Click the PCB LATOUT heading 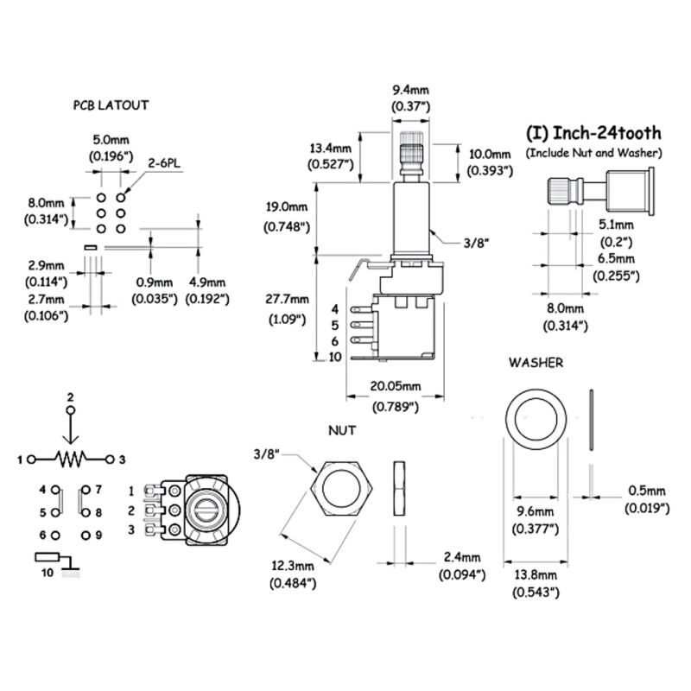coord(111,105)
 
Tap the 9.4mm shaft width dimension coord(411,89)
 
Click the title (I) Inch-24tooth coord(593,133)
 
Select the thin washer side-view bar coord(590,420)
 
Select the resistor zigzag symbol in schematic coord(72,458)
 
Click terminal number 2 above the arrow coord(71,396)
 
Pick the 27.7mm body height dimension coord(287,300)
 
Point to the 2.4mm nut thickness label coord(460,557)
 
